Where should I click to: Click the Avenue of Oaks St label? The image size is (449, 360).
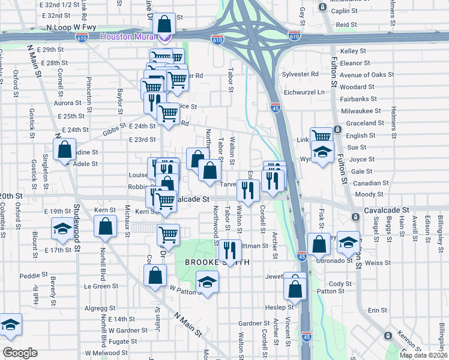[367, 75]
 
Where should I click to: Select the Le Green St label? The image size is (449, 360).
[101, 286]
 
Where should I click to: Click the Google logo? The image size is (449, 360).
[19, 353]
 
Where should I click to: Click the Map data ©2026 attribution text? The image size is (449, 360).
[423, 355]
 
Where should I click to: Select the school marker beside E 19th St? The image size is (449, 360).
[61, 228]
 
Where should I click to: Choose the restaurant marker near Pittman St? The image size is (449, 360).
[229, 249]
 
